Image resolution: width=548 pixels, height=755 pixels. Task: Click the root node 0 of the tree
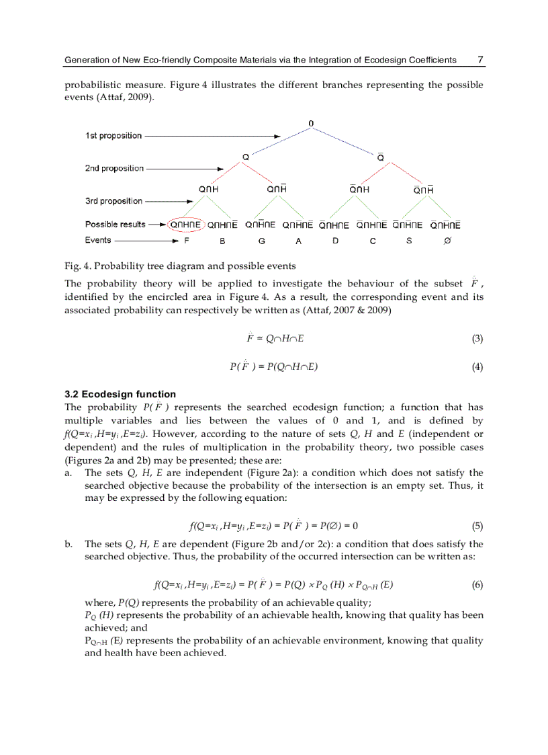(311, 123)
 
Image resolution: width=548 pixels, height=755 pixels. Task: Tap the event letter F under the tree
(186, 240)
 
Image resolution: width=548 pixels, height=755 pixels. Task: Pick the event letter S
(409, 240)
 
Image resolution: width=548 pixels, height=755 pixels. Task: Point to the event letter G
(261, 240)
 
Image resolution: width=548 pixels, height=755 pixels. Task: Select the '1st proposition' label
(113, 136)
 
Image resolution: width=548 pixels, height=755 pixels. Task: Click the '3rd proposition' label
(113, 201)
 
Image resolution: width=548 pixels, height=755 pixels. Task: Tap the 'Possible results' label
(111, 225)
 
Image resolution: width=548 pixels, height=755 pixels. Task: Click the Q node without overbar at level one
(246, 157)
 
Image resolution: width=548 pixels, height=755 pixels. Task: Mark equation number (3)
(477, 338)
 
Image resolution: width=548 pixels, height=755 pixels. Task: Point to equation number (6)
(477, 585)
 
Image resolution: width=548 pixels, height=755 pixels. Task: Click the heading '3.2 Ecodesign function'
(120, 394)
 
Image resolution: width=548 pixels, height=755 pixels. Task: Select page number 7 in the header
(480, 60)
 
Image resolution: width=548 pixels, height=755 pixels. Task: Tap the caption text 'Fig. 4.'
(77, 266)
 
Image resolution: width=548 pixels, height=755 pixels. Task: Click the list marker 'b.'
(68, 544)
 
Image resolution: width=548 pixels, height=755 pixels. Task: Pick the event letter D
(335, 240)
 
